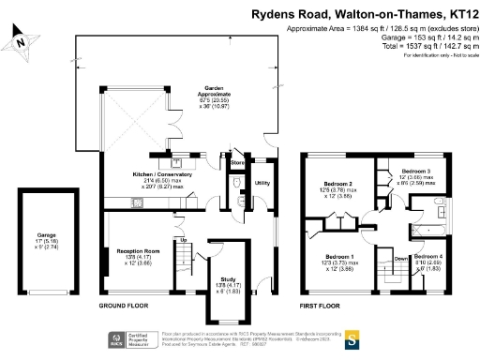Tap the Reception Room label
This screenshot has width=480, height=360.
click(138, 251)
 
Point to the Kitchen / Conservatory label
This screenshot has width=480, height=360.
click(162, 174)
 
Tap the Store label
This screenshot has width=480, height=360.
click(236, 164)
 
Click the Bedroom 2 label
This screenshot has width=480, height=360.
click(337, 184)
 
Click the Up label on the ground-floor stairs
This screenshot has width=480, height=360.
click(183, 241)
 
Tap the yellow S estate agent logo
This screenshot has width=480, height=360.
click(352, 338)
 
